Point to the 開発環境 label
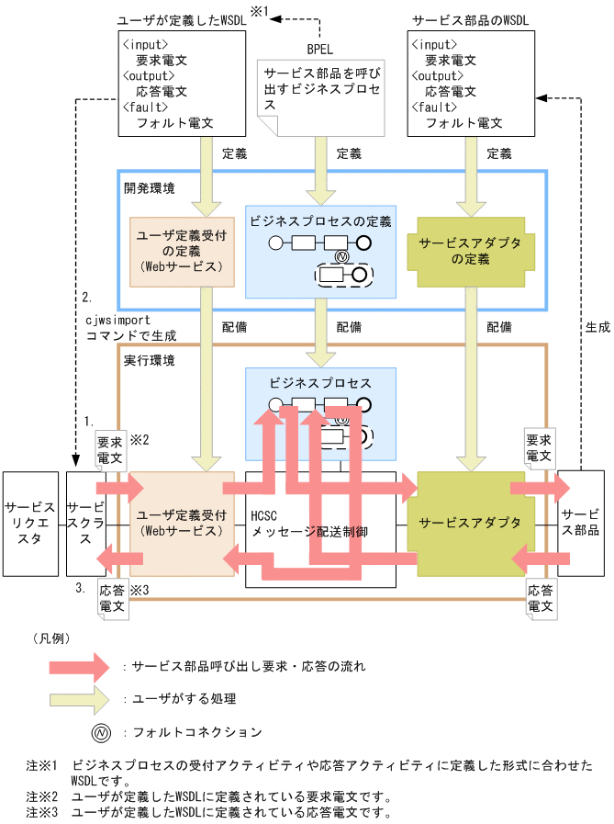(149, 187)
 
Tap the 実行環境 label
(149, 359)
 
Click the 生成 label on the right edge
(597, 326)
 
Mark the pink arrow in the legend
(82, 665)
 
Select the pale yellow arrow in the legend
(82, 699)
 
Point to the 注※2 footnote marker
(42, 796)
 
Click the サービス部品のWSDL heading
(472, 19)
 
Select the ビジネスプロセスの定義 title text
(320, 220)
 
